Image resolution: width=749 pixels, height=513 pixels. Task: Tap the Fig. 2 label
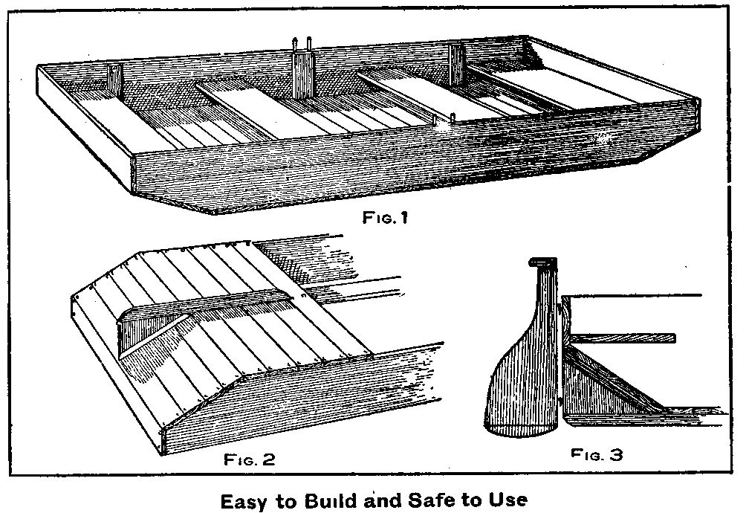(249, 458)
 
